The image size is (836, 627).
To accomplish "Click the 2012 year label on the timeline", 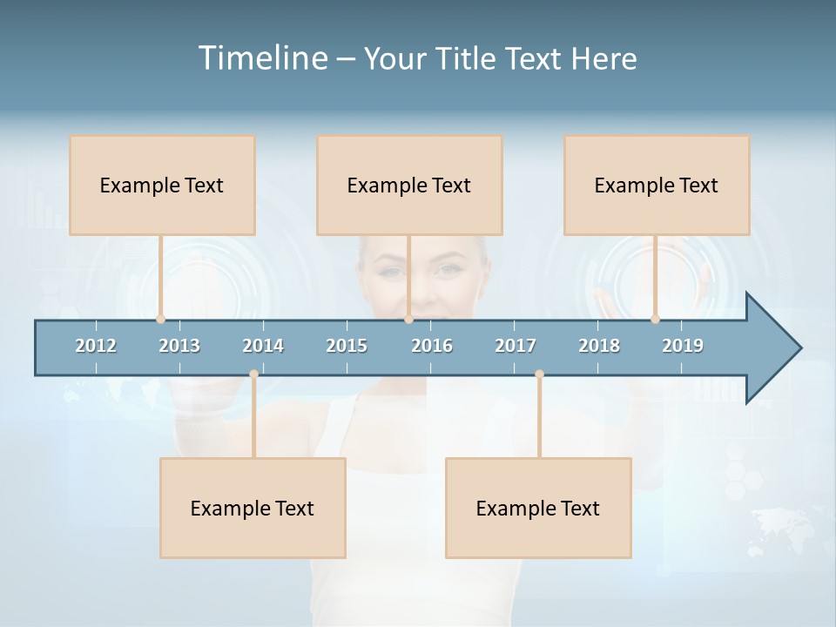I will [x=96, y=346].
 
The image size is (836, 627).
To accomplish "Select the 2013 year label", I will [x=179, y=346].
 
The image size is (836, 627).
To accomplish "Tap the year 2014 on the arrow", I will [x=263, y=346].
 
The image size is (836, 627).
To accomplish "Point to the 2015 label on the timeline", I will [x=347, y=346].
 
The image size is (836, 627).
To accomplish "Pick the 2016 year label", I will [x=432, y=346].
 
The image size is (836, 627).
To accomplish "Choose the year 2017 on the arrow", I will [x=516, y=346].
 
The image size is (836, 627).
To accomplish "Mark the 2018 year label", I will [x=599, y=346].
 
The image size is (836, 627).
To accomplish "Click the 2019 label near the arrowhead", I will [x=683, y=346].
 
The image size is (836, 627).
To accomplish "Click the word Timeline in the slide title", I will [x=261, y=58].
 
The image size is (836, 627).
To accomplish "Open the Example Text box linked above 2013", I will [x=162, y=185].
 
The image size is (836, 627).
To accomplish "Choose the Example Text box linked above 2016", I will [x=409, y=185].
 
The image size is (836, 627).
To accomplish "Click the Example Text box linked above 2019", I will [x=657, y=185].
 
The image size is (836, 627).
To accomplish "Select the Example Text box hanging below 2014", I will [x=253, y=508].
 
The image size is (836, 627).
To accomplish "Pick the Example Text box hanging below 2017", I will [x=538, y=508].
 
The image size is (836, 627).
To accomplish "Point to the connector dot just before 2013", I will [x=160, y=319].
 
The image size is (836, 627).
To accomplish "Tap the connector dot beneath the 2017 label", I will [x=539, y=374].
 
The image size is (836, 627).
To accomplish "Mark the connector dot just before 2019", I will [x=655, y=319].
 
